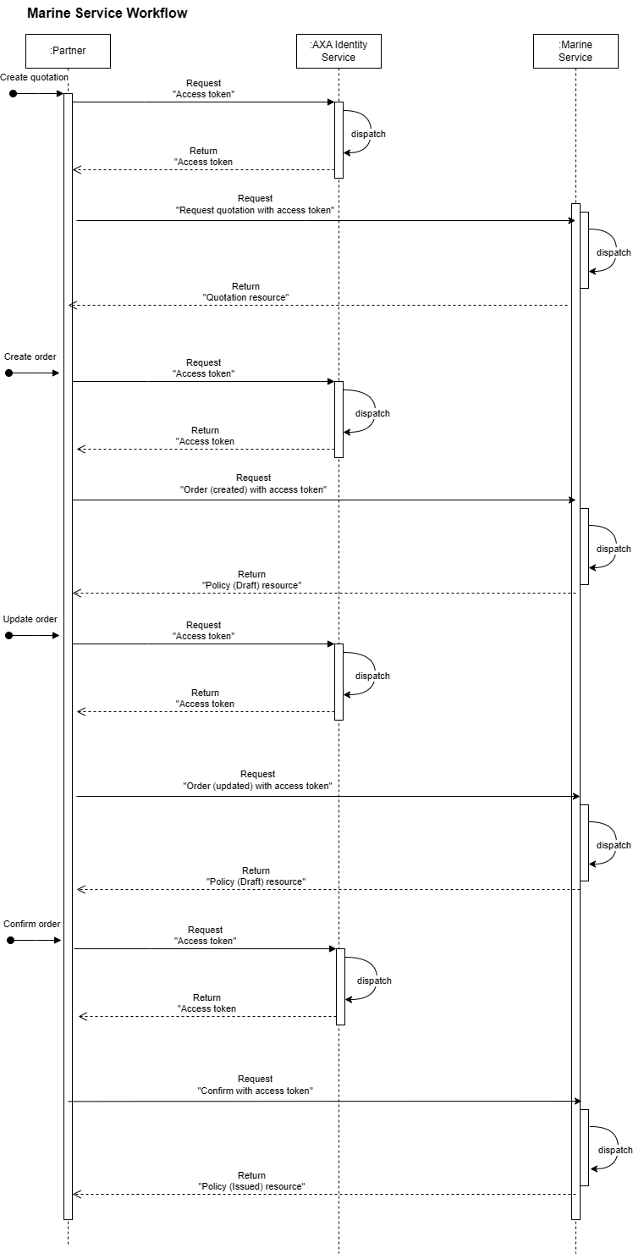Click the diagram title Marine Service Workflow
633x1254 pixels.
[107, 14]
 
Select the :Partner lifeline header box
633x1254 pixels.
[68, 51]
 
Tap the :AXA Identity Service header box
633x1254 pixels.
[339, 51]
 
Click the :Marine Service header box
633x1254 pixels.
[575, 51]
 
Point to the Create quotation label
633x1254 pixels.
[34, 77]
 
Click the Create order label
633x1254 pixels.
[30, 356]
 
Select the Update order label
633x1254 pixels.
[30, 619]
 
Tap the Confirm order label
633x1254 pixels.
[32, 924]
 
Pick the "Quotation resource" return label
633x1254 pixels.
[246, 298]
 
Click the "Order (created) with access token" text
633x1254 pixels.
[254, 489]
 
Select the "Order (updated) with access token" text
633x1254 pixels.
[257, 786]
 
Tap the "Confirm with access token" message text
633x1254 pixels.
[256, 1091]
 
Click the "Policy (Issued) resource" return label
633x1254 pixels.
[251, 1186]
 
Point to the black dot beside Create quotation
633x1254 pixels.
[13, 93]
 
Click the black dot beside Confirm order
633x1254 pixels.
[10, 940]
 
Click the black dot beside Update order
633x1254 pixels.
[9, 635]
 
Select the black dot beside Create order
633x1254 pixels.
[9, 373]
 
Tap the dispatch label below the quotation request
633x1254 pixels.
[614, 252]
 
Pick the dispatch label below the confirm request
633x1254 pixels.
[615, 1150]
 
